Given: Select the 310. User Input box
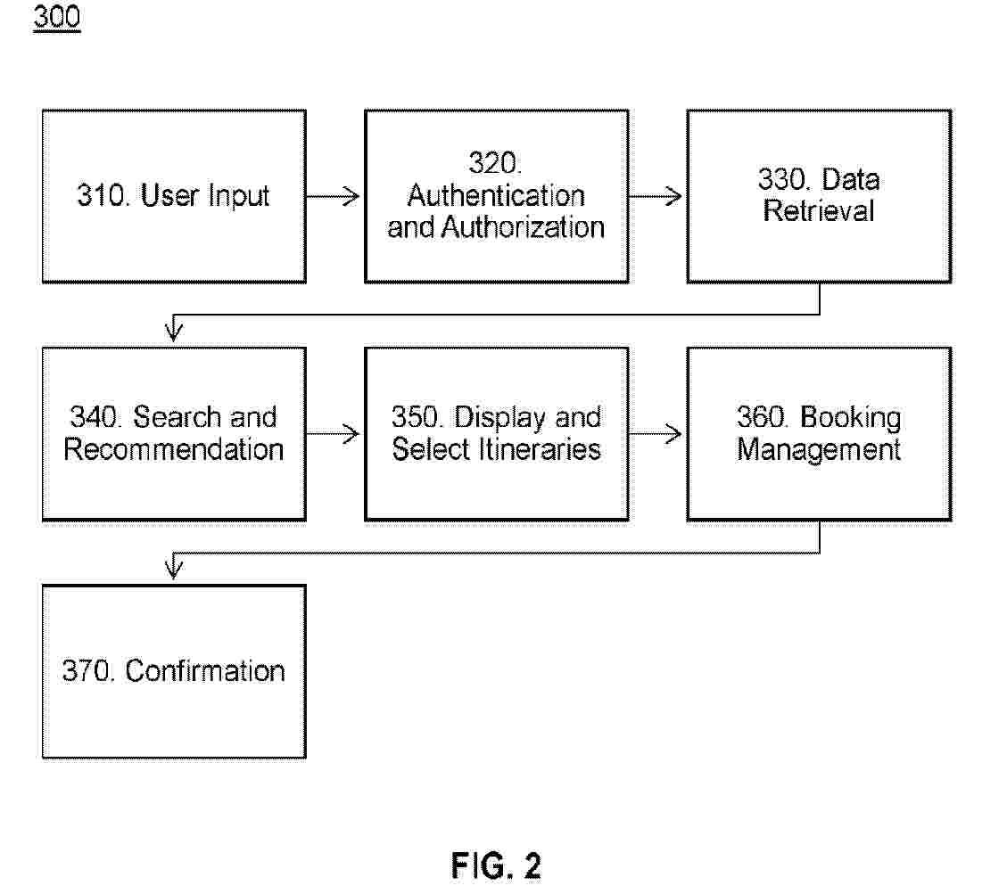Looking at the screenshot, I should tap(174, 196).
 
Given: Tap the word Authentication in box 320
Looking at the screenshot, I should tap(496, 195).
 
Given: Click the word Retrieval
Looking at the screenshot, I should tap(819, 211).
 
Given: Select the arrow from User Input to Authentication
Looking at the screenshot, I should tap(334, 196).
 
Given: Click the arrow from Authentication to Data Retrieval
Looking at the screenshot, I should tap(656, 196).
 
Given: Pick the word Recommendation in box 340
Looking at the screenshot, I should tap(174, 449).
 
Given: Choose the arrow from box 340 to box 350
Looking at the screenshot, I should tap(334, 434).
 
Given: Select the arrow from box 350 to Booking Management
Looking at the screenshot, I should tap(656, 434).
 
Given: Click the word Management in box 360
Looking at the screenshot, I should tap(819, 449).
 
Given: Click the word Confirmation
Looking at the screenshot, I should tap(205, 671).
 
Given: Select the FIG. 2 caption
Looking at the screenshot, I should tap(496, 865).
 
